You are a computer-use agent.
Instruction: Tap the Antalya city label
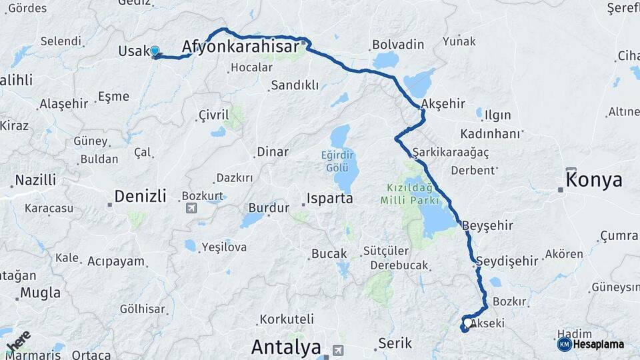pyautogui.click(x=286, y=347)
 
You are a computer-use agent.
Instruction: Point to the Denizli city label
pyautogui.click(x=140, y=196)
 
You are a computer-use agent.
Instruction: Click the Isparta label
pyautogui.click(x=329, y=198)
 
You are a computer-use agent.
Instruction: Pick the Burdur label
pyautogui.click(x=269, y=207)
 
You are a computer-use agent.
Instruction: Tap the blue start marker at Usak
pyautogui.click(x=155, y=51)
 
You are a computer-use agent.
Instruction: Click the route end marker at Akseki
pyautogui.click(x=464, y=327)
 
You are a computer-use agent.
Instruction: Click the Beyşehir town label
pyautogui.click(x=487, y=225)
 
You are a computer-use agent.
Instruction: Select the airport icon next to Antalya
pyautogui.click(x=339, y=349)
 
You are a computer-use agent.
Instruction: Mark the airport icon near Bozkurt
pyautogui.click(x=192, y=208)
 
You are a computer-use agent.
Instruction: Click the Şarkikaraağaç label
pyautogui.click(x=451, y=153)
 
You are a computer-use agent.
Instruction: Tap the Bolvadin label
pyautogui.click(x=398, y=45)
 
